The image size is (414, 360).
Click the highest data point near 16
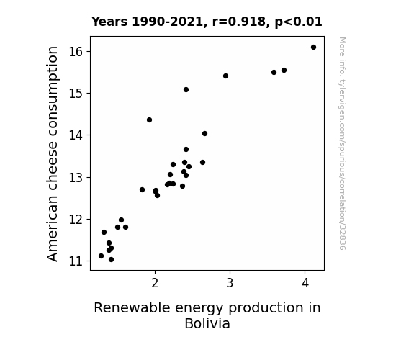coord(313,48)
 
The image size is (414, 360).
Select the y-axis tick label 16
coord(76,52)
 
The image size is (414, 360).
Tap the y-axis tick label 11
coord(76,261)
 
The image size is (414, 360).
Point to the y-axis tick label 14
coord(76,135)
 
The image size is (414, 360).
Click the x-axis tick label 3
coord(230,283)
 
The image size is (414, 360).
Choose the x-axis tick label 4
coord(305,283)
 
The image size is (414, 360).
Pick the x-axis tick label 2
coord(155,283)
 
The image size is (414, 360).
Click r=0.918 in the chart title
coord(239,22)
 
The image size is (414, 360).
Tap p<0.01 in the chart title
coord(298,22)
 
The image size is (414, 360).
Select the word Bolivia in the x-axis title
coord(207,323)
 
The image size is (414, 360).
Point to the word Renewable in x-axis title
coord(132,307)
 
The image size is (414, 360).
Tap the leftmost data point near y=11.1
coord(101,256)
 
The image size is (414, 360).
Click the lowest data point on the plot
coord(111,260)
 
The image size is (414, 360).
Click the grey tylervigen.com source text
coord(342,143)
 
